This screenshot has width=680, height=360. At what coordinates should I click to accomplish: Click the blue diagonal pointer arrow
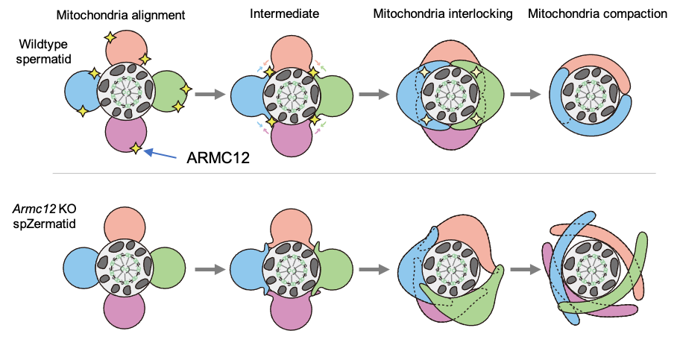(x=160, y=154)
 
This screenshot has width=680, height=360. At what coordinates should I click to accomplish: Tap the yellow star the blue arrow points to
(x=135, y=148)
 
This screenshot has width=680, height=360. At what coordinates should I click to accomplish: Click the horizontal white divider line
(x=353, y=174)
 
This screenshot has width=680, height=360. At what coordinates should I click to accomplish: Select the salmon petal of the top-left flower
(x=125, y=47)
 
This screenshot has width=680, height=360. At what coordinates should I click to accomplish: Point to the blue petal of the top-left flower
(x=80, y=91)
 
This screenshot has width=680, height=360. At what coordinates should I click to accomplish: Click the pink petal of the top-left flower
(x=125, y=135)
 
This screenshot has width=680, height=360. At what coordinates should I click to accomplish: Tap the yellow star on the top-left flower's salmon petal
(x=110, y=37)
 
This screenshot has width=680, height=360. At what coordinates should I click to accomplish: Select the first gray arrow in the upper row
(x=210, y=95)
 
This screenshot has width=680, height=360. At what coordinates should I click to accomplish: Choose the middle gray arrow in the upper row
(x=374, y=95)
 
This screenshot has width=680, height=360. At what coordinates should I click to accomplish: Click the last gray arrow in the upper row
(x=525, y=95)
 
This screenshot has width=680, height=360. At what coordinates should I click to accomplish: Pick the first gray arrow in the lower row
(x=210, y=269)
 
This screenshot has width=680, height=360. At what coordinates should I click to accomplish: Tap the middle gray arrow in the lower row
(x=374, y=269)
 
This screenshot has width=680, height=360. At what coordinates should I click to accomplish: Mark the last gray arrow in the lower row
(x=525, y=269)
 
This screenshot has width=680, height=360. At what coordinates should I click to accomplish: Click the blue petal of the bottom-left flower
(x=79, y=268)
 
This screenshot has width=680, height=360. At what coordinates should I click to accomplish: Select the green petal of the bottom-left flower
(x=169, y=268)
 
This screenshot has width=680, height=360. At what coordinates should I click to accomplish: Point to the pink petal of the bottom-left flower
(x=125, y=311)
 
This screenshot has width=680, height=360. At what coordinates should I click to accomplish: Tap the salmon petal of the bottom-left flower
(x=125, y=224)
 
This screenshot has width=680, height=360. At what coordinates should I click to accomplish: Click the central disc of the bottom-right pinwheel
(x=591, y=268)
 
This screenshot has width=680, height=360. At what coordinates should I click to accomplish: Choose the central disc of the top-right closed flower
(x=591, y=95)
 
